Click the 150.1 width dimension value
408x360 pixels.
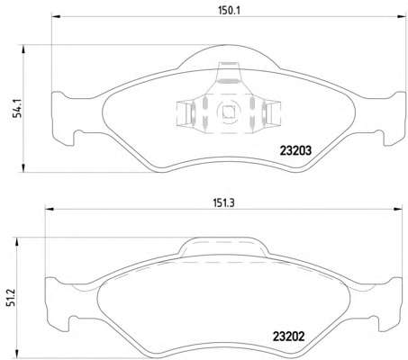coord(230,11)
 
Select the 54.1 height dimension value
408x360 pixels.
coord(18,110)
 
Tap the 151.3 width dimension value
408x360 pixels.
coord(223,203)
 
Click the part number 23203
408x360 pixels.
coord(295,150)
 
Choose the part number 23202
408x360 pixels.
coord(288,337)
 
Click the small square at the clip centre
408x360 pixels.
coord(229,112)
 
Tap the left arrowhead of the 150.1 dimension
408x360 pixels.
coord(56,17)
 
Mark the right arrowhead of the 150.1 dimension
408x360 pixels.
coord(402,17)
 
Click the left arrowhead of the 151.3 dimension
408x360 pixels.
coord(50,209)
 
